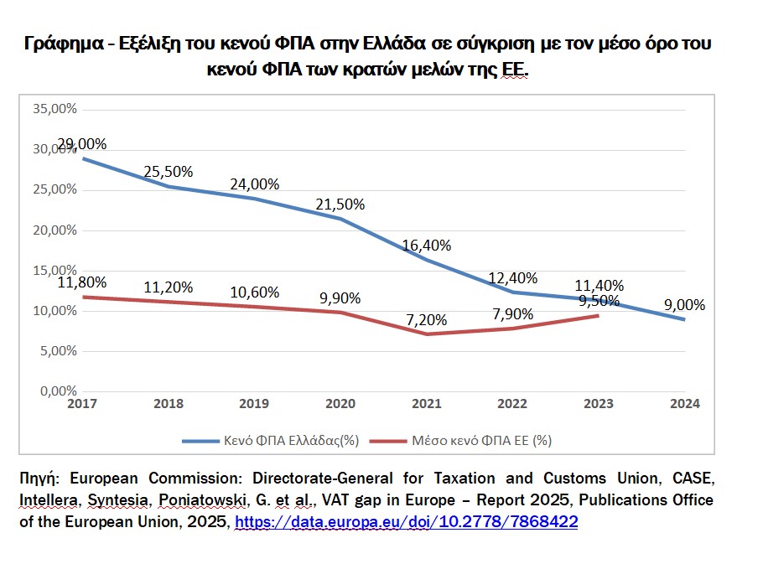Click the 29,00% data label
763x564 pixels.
(82, 143)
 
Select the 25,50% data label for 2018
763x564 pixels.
(169, 171)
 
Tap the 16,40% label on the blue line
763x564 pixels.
(427, 246)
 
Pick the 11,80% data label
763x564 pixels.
(82, 283)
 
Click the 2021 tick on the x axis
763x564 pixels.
(427, 403)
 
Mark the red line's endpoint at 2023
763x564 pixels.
(597, 315)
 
